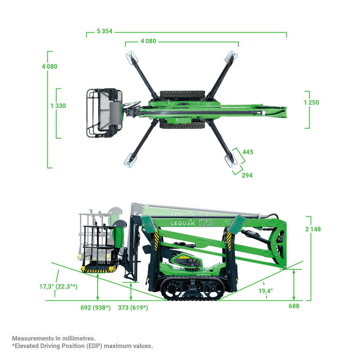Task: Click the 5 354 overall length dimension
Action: click(x=104, y=31)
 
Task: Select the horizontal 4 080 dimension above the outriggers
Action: click(x=148, y=41)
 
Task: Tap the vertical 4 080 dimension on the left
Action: click(x=50, y=67)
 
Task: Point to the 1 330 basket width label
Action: click(x=58, y=106)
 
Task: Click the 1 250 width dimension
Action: click(x=312, y=103)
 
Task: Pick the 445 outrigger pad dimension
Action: click(x=248, y=152)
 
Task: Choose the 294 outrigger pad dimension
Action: click(x=247, y=175)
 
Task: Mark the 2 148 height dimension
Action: click(x=313, y=229)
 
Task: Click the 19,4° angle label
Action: click(x=266, y=291)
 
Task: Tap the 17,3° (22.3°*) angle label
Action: click(x=58, y=286)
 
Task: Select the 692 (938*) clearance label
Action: click(x=96, y=307)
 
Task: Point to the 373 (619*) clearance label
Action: click(x=133, y=307)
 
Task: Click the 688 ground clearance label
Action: click(x=294, y=306)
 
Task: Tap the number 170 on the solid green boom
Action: click(x=206, y=223)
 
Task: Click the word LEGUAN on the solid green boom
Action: click(x=183, y=223)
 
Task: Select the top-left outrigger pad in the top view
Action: click(x=132, y=58)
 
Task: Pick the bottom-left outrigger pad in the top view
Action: click(x=130, y=160)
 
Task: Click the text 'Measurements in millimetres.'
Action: click(x=54, y=338)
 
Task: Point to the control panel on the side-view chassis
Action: click(x=187, y=262)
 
